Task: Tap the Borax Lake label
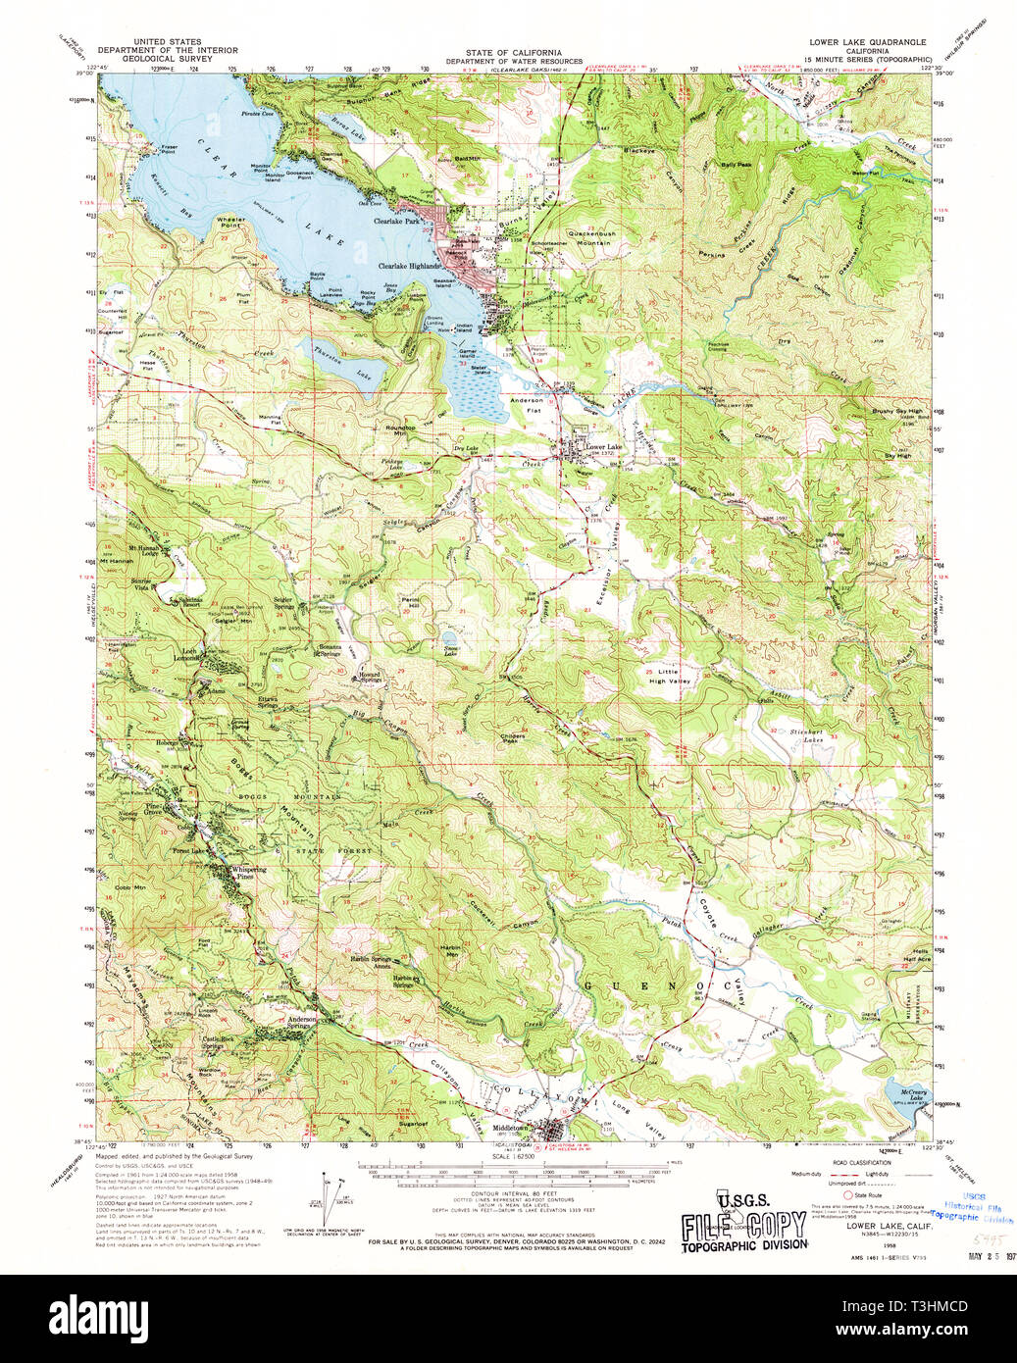[341, 128]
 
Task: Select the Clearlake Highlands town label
[410, 266]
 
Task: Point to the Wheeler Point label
[230, 222]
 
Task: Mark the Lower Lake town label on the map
[603, 446]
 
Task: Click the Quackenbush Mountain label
[585, 237]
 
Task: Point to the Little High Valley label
[669, 676]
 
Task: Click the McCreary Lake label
[914, 1091]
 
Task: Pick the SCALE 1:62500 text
[514, 1157]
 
